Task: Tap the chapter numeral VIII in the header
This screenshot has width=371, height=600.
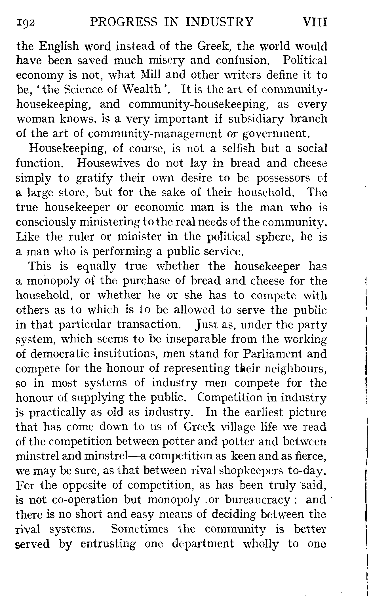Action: [x=315, y=22]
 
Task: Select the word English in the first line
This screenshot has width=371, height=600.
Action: [x=59, y=46]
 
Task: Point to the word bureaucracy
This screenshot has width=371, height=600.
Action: [x=257, y=500]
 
